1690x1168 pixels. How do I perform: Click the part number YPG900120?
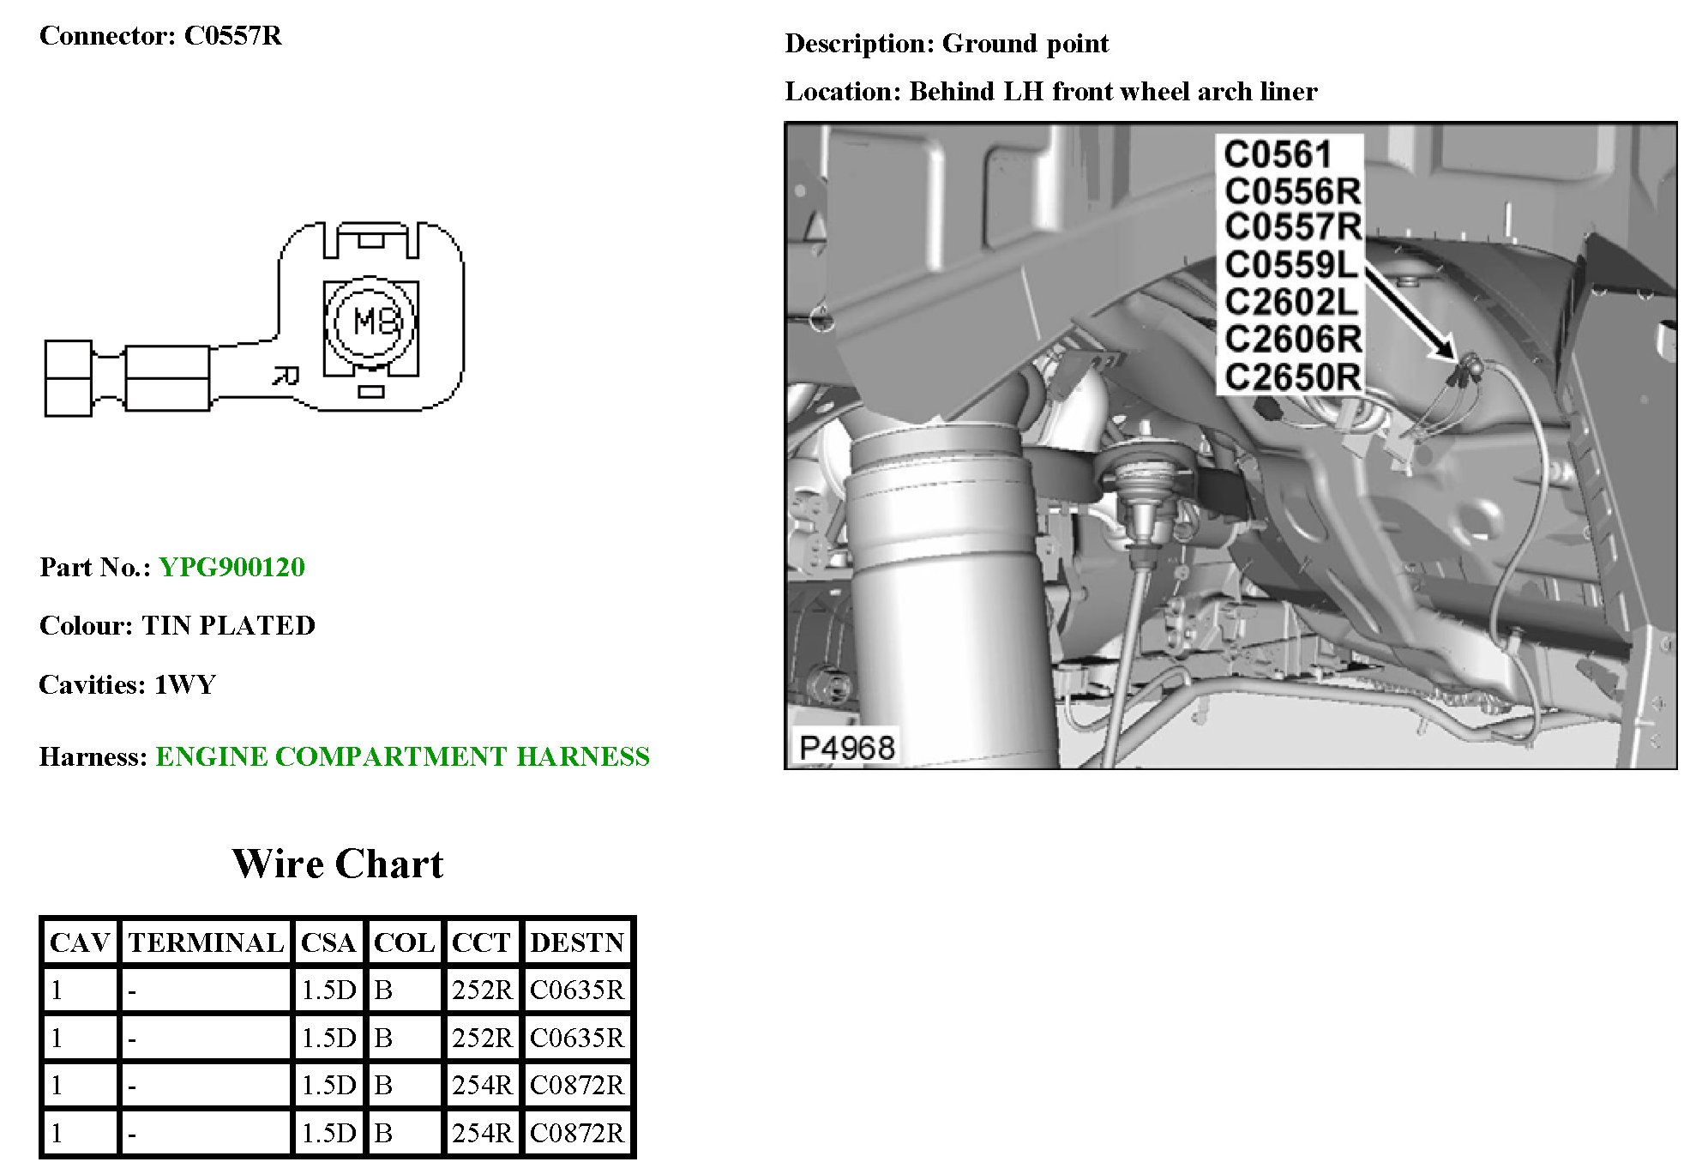tap(232, 567)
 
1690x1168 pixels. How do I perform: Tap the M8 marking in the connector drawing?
tap(376, 322)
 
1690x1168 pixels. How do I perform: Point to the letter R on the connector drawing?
tap(286, 376)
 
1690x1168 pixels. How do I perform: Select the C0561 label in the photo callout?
tap(1277, 154)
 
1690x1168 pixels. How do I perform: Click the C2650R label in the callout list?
tap(1292, 376)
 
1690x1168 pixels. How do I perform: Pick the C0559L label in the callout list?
tap(1290, 265)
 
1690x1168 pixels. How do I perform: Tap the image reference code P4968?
tap(846, 748)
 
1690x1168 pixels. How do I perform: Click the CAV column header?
tap(80, 942)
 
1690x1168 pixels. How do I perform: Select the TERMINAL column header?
tap(206, 942)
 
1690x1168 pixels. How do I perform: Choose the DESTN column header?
tap(577, 942)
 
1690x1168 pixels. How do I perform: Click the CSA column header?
tap(328, 942)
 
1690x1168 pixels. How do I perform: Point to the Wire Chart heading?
tap(338, 864)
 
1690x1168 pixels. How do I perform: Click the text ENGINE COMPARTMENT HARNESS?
tap(402, 756)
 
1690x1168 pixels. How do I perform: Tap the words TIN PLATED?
tap(228, 625)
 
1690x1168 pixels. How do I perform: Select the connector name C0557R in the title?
tap(233, 36)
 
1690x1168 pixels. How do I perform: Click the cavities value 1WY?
tap(185, 684)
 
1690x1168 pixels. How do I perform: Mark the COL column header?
tap(404, 942)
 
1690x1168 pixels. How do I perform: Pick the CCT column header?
tap(480, 942)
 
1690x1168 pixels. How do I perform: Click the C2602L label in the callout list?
tap(1290, 302)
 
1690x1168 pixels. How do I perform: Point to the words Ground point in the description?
tap(1025, 44)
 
